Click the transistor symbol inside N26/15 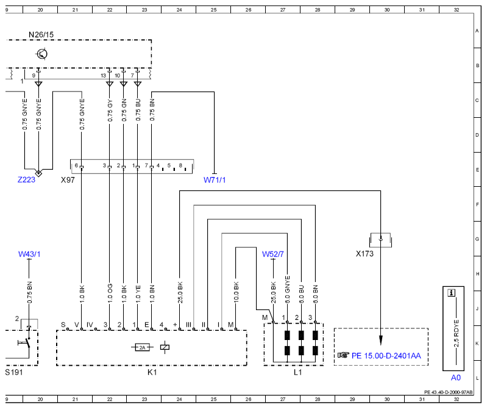pos(41,54)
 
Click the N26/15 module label pos(41,35)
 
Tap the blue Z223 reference pos(26,179)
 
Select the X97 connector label pos(68,179)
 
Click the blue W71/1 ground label pos(215,179)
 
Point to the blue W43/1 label pos(29,254)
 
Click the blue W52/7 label pos(273,254)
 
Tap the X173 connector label pos(364,254)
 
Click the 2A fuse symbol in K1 pos(142,347)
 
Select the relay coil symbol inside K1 pos(165,347)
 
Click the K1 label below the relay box pos(152,372)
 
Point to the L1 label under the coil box pos(297,372)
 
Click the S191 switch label pos(14,372)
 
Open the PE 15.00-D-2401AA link pos(386,355)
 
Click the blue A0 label pos(456,378)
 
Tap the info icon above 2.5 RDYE pos(451,292)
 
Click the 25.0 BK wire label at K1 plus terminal pos(180,292)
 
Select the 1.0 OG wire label pos(110,293)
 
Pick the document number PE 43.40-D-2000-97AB pos(448,392)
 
